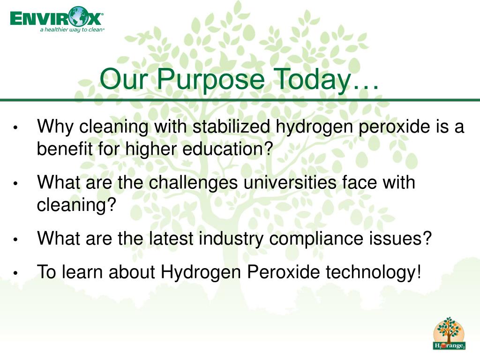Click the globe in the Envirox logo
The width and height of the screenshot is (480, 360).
coord(78,16)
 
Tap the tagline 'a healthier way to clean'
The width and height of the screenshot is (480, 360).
coord(72,30)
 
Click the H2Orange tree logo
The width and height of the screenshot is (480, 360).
coord(449,333)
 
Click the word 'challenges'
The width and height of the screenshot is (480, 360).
coord(193,183)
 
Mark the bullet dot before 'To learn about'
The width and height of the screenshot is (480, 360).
coord(15,273)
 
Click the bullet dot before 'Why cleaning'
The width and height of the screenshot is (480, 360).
coord(15,127)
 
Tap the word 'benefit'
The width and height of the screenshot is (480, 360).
coord(65,149)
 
